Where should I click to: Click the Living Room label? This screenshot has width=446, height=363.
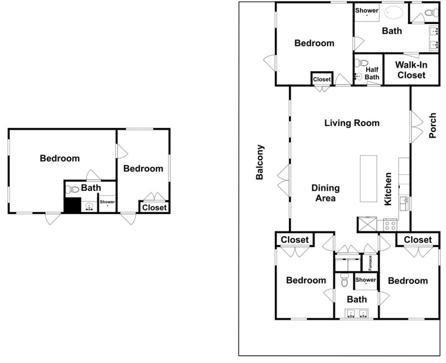coord(352,123)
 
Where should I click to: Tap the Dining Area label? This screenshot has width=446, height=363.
coord(325,193)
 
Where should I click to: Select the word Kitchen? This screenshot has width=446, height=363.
coord(388,189)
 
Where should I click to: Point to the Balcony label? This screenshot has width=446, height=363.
coord(260,162)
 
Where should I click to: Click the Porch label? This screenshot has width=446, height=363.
coord(432,125)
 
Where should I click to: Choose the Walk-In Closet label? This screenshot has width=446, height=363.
coord(411,70)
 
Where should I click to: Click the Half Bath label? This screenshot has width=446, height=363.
coord(372,73)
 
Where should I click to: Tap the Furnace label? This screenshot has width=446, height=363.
coord(370,263)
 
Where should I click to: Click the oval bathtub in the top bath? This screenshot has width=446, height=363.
coord(394,12)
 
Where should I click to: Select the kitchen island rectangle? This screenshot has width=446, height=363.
coord(368,179)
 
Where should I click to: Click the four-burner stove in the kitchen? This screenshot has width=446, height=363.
coord(390,225)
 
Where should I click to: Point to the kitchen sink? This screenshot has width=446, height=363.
coord(404,203)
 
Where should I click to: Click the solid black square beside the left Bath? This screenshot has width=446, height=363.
coord(72,205)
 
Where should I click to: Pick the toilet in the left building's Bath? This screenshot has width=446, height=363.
coord(72,189)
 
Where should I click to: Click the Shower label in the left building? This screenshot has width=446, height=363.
coord(107,202)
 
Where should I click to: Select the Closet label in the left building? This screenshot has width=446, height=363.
coord(154,207)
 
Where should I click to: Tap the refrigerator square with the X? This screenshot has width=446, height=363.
coord(367,225)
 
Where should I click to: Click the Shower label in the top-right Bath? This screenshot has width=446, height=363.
coord(367,10)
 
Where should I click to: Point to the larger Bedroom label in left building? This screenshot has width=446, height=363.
coord(60,158)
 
